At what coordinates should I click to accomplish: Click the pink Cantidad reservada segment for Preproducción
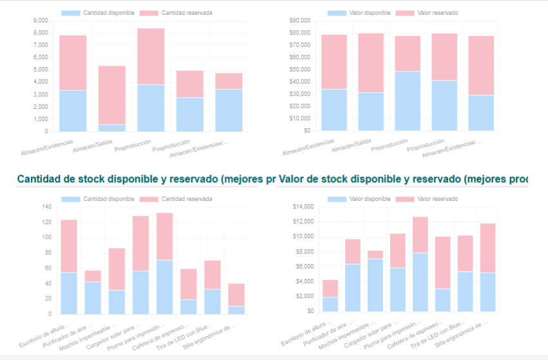coord(151,56)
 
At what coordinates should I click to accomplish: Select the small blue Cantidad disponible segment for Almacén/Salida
coord(112,128)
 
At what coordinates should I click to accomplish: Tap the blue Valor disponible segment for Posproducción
coord(426,105)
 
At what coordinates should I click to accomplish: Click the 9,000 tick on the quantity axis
coord(40,21)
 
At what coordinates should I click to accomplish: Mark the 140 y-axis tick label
coord(46,207)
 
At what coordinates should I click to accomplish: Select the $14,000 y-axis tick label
coord(303,207)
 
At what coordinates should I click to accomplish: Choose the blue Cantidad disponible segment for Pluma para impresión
coord(165,287)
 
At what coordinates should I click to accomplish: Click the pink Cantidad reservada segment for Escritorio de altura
coord(69,246)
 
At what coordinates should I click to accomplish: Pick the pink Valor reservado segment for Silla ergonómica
coord(487,248)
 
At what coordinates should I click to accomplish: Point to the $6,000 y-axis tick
coord(304,267)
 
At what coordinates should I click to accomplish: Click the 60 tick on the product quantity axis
coord(47,268)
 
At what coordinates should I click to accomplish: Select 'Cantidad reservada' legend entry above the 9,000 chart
coord(186,13)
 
